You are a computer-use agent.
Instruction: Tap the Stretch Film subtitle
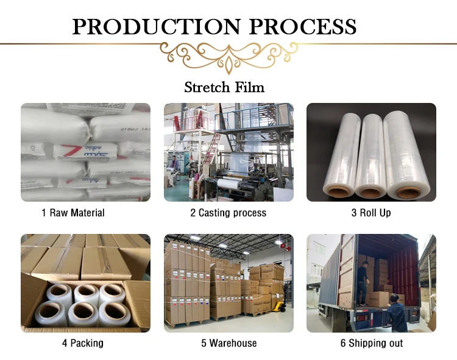click(x=224, y=87)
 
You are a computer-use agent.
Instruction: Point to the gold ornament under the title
click(x=228, y=56)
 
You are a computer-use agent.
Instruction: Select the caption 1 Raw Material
click(x=73, y=213)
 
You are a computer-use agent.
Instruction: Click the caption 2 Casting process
click(x=228, y=213)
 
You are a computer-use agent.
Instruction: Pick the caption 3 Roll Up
click(x=370, y=213)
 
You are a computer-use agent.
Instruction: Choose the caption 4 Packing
click(x=82, y=343)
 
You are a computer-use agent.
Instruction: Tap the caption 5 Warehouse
click(x=228, y=343)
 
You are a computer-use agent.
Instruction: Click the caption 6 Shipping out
click(x=371, y=343)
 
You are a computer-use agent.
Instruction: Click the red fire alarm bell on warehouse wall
click(x=283, y=247)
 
